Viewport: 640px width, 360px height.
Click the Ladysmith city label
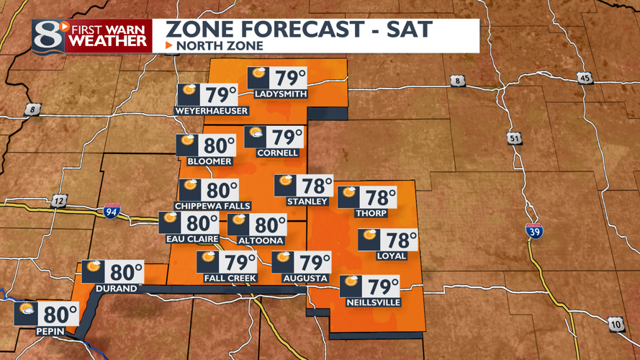coord(281,94)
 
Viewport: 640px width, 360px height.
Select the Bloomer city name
coord(209,162)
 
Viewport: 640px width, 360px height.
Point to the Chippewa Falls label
coord(213,206)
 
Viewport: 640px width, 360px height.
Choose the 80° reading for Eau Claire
coord(203,223)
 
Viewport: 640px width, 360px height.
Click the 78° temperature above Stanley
coord(318,186)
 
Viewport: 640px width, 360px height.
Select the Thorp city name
coord(371,213)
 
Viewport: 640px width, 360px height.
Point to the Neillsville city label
coord(373,303)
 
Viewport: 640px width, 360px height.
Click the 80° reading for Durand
coord(127,272)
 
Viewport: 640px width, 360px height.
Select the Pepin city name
coord(49,332)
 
